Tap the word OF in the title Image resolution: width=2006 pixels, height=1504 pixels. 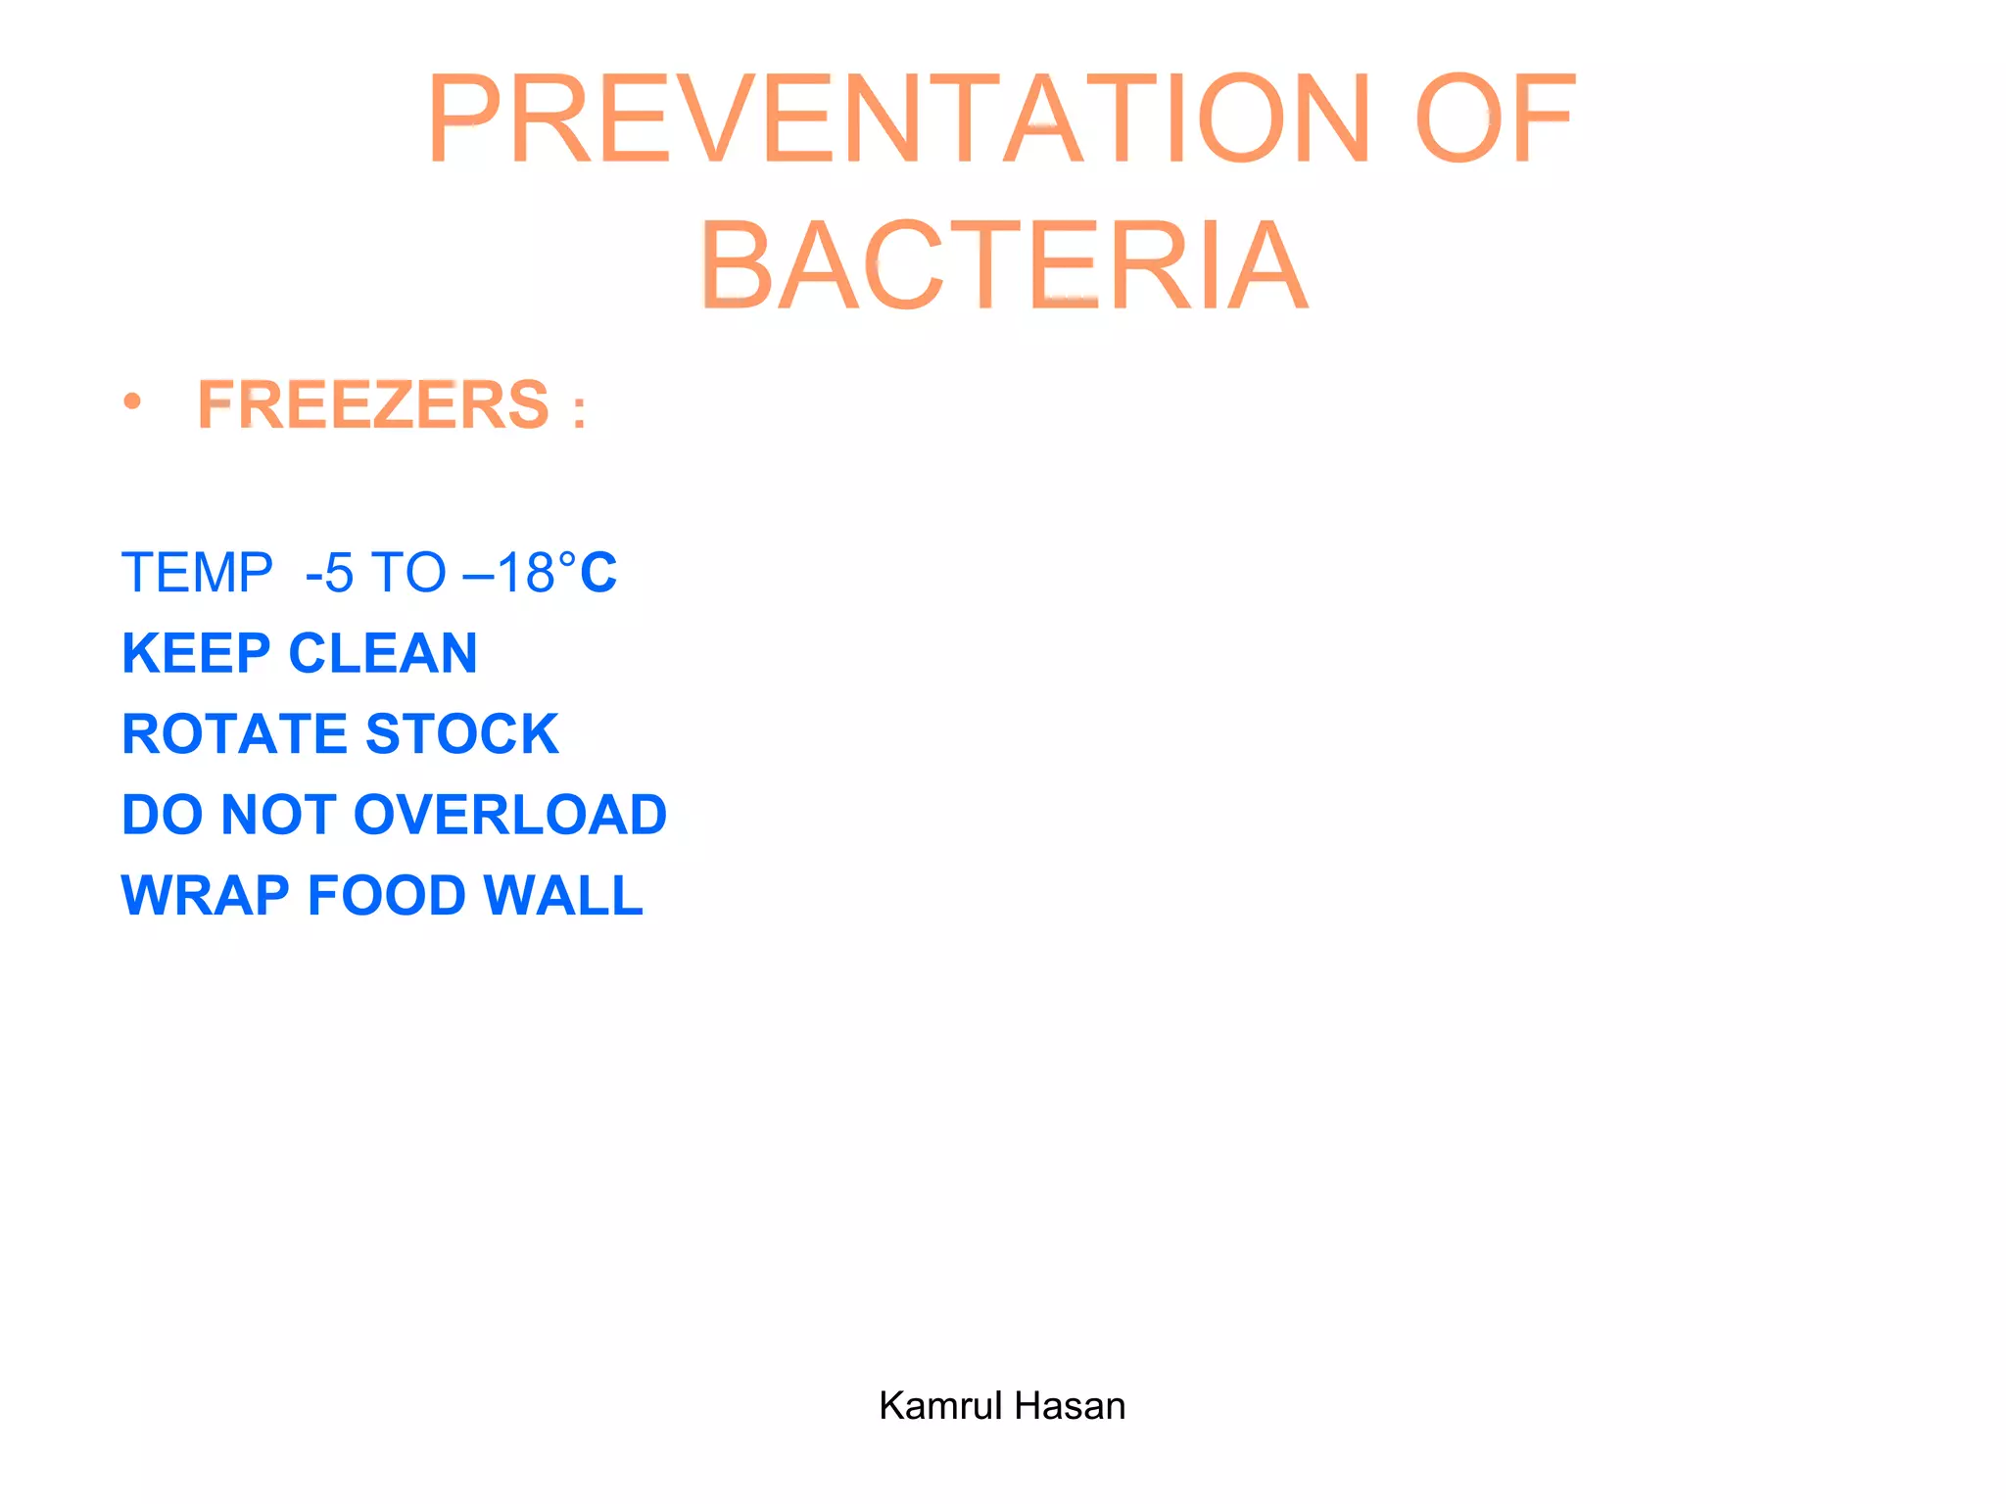[x=1495, y=119]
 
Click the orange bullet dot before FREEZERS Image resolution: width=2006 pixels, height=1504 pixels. [x=132, y=400]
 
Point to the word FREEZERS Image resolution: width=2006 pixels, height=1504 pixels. [x=373, y=404]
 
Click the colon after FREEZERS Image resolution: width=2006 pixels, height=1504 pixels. [x=580, y=412]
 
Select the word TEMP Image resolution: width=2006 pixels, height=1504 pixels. [x=197, y=573]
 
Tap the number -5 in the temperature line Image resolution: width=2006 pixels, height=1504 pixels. [x=329, y=574]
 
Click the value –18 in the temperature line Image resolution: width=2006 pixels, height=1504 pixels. [x=508, y=573]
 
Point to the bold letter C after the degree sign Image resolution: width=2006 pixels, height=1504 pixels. [x=598, y=573]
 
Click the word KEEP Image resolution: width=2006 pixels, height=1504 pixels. [x=196, y=654]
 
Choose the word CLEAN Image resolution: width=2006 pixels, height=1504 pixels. [x=383, y=654]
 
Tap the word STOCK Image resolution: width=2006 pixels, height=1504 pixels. [x=462, y=734]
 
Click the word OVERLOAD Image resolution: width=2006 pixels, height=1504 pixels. [x=510, y=815]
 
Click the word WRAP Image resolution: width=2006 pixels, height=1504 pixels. [x=205, y=896]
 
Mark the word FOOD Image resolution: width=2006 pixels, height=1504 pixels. [x=387, y=896]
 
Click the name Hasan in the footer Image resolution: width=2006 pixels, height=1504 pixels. [x=1071, y=1406]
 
